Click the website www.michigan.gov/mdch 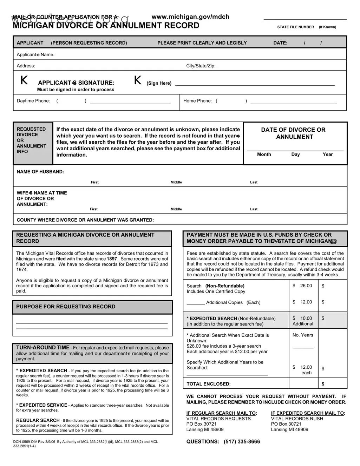[x=190, y=17]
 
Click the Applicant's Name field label [x=35, y=55]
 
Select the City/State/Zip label [x=201, y=66]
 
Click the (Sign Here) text [x=159, y=83]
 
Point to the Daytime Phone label [x=33, y=101]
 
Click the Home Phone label [x=197, y=101]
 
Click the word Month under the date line [x=264, y=155]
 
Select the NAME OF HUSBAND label [x=40, y=172]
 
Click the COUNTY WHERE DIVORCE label [x=85, y=220]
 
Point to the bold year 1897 [x=112, y=259]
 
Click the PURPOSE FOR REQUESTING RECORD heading [x=66, y=307]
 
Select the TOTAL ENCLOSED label [x=208, y=384]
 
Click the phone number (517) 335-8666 [x=242, y=442]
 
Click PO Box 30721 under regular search [x=201, y=424]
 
